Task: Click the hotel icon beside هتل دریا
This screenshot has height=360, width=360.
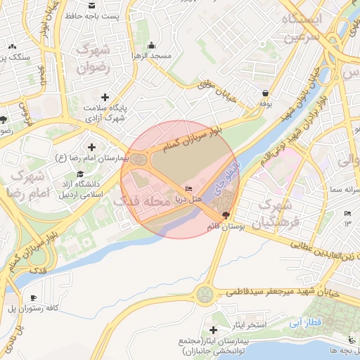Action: pyautogui.click(x=188, y=189)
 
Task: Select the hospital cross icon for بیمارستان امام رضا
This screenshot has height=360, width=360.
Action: pyautogui.click(x=92, y=146)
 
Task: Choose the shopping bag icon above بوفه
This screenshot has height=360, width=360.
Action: pyautogui.click(x=265, y=93)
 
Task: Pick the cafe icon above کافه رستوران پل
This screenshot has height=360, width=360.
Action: pyautogui.click(x=34, y=298)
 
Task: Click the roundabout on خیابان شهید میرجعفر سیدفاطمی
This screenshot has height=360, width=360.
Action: pyautogui.click(x=204, y=293)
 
